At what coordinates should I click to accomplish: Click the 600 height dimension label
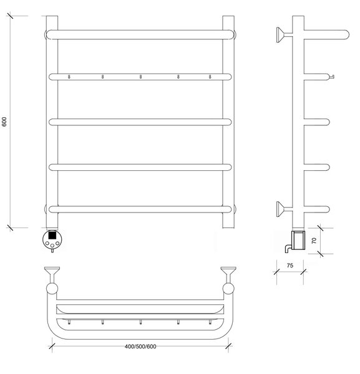click(4, 122)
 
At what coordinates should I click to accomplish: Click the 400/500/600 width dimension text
click(140, 347)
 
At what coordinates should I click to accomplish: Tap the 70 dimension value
click(314, 241)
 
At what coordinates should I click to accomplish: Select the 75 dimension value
click(290, 266)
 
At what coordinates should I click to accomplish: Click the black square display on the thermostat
click(52, 236)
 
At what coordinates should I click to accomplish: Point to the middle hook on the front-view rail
click(140, 77)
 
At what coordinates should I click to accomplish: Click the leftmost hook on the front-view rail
click(69, 77)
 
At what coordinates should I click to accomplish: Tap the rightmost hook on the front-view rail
click(210, 77)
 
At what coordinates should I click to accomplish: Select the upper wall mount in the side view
click(283, 35)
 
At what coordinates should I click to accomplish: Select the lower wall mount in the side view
click(283, 209)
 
